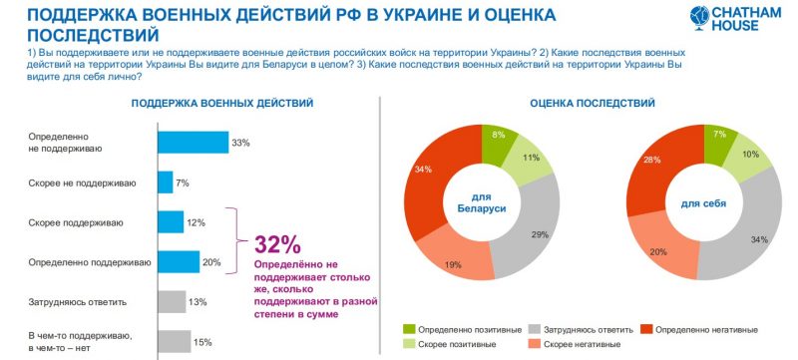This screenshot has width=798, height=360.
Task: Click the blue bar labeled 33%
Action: coord(193,143)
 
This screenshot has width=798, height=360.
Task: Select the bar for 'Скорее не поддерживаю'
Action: coord(165,182)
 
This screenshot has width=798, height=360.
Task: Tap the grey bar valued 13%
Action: coord(172,301)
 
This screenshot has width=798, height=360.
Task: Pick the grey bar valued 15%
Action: coord(174,341)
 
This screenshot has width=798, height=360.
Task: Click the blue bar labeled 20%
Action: coord(179,261)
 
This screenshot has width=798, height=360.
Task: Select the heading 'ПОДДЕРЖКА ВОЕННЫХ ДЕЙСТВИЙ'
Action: coord(221,104)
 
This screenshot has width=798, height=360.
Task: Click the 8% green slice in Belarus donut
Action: coord(496,141)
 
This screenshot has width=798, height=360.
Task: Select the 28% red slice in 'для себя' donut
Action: coord(654,170)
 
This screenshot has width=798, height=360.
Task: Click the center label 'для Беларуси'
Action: coord(482,202)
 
